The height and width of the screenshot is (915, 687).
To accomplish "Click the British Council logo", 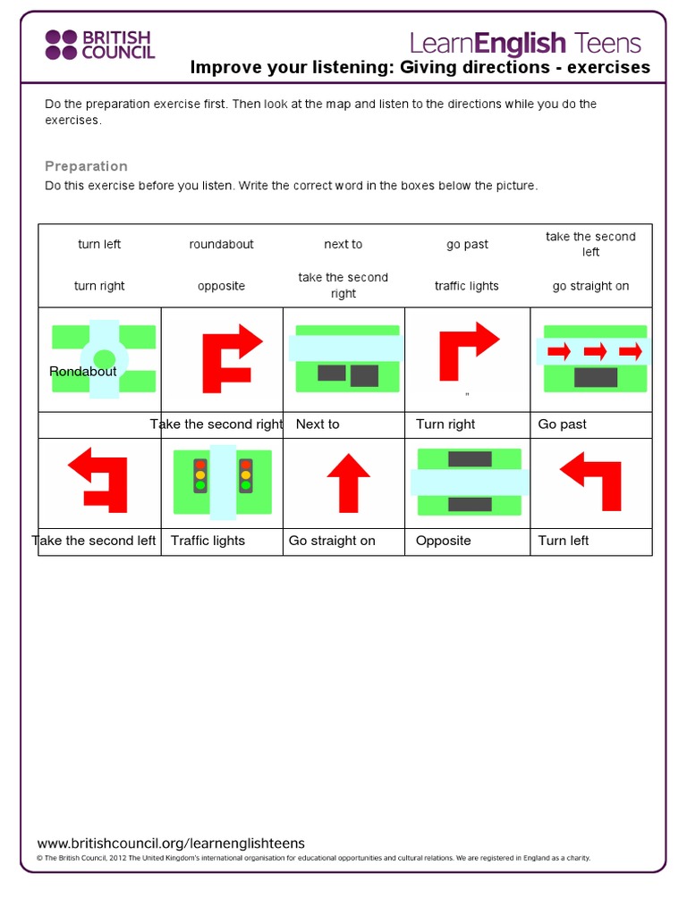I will [x=99, y=44].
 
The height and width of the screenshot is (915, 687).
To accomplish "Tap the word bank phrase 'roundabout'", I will [x=221, y=244].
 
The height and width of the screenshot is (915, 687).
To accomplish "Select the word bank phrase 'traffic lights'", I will [x=466, y=286].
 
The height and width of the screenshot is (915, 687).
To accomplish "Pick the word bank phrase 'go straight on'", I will [x=590, y=286].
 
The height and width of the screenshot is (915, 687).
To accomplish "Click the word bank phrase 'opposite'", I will [x=221, y=286].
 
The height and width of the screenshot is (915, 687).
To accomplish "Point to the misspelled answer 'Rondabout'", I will [x=83, y=372].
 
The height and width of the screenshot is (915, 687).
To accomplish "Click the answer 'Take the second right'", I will [x=216, y=424].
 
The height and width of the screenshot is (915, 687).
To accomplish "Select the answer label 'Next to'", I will [x=318, y=424].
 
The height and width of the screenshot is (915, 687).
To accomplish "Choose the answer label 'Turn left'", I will [x=564, y=541].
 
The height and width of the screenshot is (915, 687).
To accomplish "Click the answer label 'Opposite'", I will [x=443, y=541].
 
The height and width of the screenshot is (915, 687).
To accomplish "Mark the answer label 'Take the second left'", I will [x=94, y=541].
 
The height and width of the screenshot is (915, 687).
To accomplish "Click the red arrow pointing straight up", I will [x=348, y=482].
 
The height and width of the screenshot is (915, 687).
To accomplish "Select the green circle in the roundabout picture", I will [x=105, y=359].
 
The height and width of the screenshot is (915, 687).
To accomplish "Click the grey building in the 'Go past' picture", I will [x=596, y=378].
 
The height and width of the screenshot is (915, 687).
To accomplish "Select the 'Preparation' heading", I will [x=86, y=166].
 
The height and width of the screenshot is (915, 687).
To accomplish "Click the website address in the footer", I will [x=171, y=844].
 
